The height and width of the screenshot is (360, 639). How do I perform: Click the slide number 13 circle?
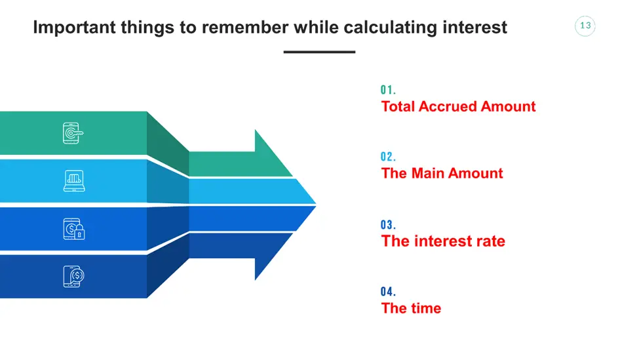coord(585,26)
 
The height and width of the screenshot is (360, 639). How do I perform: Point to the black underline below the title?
coord(320,52)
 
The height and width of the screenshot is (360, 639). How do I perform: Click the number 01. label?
coord(388,90)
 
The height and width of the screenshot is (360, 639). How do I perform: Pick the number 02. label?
coord(388,157)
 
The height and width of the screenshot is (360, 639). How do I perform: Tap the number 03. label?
coord(388,225)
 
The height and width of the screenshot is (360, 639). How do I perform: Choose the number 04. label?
coord(388,292)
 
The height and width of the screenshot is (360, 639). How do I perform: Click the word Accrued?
coord(448,106)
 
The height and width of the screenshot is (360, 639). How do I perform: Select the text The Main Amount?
coord(442,173)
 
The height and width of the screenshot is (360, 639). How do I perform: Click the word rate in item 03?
coord(490,241)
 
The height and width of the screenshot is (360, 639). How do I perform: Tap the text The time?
coord(411,308)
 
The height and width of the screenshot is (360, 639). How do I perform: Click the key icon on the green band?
coord(73,133)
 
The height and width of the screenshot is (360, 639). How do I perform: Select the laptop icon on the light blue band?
coord(74,180)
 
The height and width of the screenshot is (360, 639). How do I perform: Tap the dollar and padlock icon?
coord(74,229)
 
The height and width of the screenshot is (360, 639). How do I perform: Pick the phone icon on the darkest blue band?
coord(73,277)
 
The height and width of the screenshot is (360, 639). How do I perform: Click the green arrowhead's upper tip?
coord(255,130)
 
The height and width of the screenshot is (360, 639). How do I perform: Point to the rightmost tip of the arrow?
coord(317,204)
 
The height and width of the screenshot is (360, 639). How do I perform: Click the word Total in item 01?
coord(398,106)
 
